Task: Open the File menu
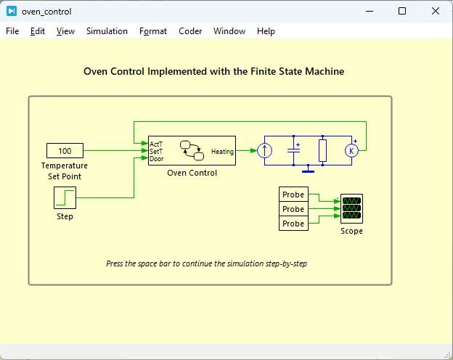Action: [12, 31]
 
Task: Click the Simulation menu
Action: [107, 31]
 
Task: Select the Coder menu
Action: [190, 31]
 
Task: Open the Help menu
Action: [266, 31]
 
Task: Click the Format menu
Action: [153, 31]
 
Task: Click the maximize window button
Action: [402, 11]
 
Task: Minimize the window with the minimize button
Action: [370, 11]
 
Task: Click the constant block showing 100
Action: [65, 151]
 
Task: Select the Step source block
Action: [65, 197]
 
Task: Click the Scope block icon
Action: [351, 209]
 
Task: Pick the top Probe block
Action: [293, 195]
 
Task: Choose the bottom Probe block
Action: [293, 224]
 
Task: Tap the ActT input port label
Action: [156, 144]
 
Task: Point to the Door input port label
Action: [157, 158]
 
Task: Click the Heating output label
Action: [222, 151]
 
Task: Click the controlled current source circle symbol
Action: [265, 151]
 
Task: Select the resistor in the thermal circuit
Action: [323, 151]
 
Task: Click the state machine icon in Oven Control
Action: [192, 150]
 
